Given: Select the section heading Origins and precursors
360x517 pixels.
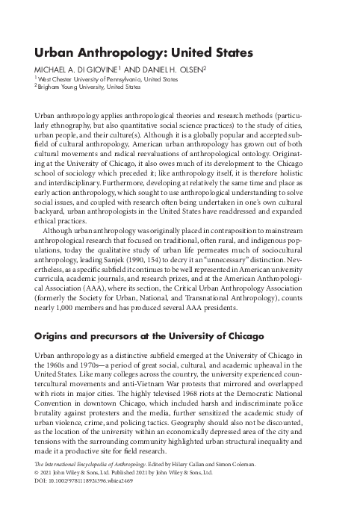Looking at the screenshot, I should click(x=149, y=337).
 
